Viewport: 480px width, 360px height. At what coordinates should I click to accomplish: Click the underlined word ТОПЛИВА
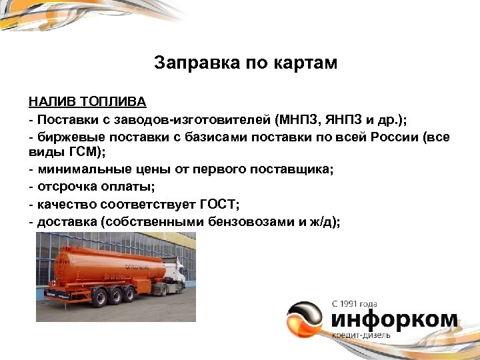click(x=113, y=103)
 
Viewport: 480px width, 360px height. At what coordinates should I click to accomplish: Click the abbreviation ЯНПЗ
click(x=338, y=120)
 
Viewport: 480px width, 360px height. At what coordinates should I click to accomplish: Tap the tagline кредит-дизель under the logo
click(x=363, y=335)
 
